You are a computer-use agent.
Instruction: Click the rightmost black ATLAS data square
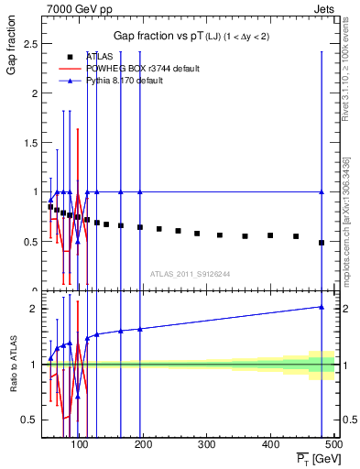click(322, 243)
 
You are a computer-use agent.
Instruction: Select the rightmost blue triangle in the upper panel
click(322, 191)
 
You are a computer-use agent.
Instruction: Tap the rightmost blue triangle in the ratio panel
click(322, 307)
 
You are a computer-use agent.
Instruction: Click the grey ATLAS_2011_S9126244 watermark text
click(191, 273)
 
